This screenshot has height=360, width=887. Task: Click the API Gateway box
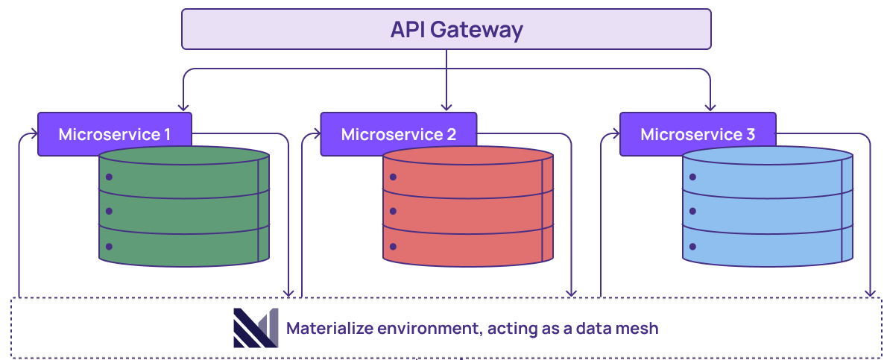[446, 29]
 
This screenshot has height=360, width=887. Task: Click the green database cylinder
[184, 212]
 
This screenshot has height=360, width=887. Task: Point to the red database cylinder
[468, 212]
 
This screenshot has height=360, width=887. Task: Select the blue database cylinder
[768, 212]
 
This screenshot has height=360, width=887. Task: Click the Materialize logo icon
[255, 328]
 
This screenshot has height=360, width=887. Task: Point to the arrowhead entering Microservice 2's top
[446, 107]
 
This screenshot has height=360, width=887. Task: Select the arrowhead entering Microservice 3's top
[710, 107]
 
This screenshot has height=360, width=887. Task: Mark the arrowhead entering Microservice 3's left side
[615, 135]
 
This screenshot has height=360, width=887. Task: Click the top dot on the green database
[109, 177]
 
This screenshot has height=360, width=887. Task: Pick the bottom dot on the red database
[392, 246]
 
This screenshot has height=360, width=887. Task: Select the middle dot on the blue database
[692, 212]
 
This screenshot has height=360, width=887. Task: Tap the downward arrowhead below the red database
[572, 293]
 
